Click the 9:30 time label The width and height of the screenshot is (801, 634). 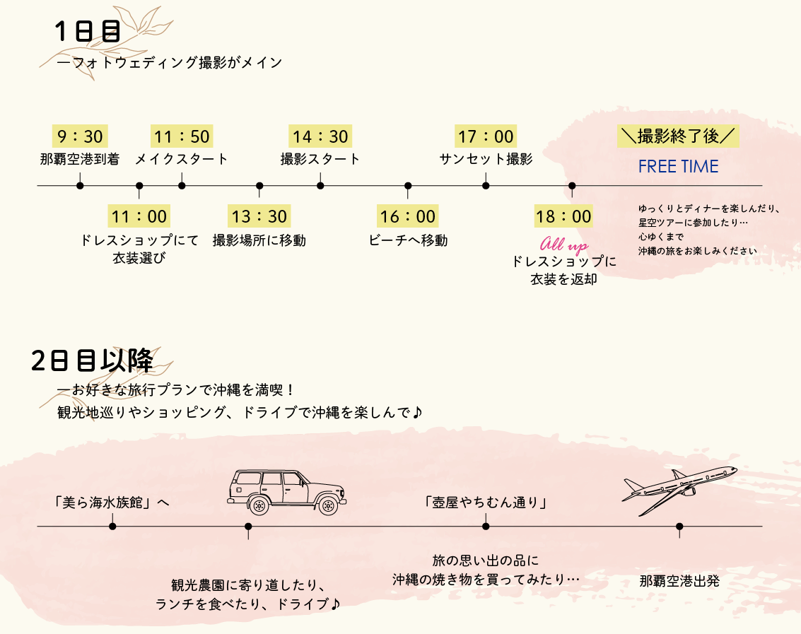tap(80, 136)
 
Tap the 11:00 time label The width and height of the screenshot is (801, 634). tap(139, 216)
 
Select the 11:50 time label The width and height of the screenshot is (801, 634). tap(182, 136)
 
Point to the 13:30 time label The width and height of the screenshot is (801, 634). tap(259, 216)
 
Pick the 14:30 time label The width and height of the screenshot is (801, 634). tap(320, 136)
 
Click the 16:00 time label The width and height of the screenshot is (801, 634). tap(408, 216)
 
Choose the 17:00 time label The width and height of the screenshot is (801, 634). tap(486, 136)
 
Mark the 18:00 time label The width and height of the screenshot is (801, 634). tap(563, 216)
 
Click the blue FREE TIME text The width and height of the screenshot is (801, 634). tap(678, 167)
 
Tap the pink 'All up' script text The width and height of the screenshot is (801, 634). tap(563, 245)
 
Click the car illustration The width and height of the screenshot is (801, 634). tap(286, 491)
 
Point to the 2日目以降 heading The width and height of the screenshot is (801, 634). tap(93, 360)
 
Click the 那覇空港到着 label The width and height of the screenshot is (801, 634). tap(80, 159)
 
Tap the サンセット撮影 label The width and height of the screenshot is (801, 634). tap(486, 159)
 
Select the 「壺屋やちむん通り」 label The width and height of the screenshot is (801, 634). tap(486, 503)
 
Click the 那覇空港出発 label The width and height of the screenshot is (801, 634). tap(679, 582)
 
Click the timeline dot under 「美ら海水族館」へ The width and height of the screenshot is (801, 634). tap(112, 526)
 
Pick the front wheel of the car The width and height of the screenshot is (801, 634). tap(327, 505)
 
